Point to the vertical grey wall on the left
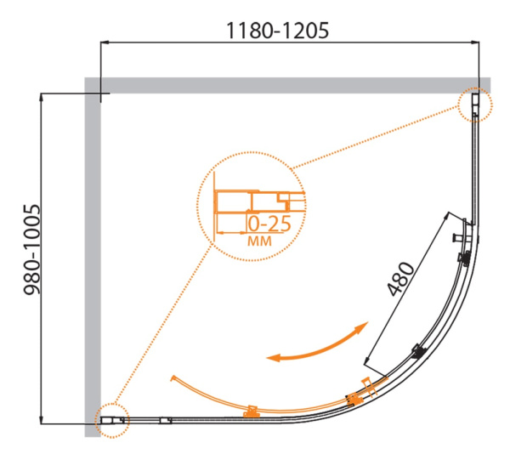pos(93,255)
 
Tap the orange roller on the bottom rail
pos(251,412)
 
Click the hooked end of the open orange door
pos(173,377)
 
